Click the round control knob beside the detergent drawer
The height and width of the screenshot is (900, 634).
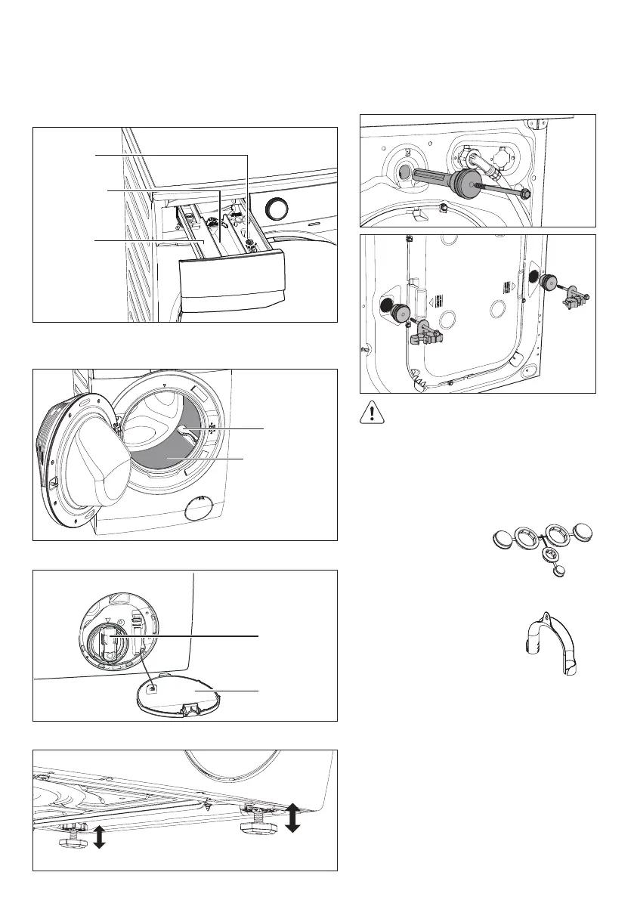[278, 208]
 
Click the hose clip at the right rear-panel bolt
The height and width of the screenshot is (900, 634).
[569, 301]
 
